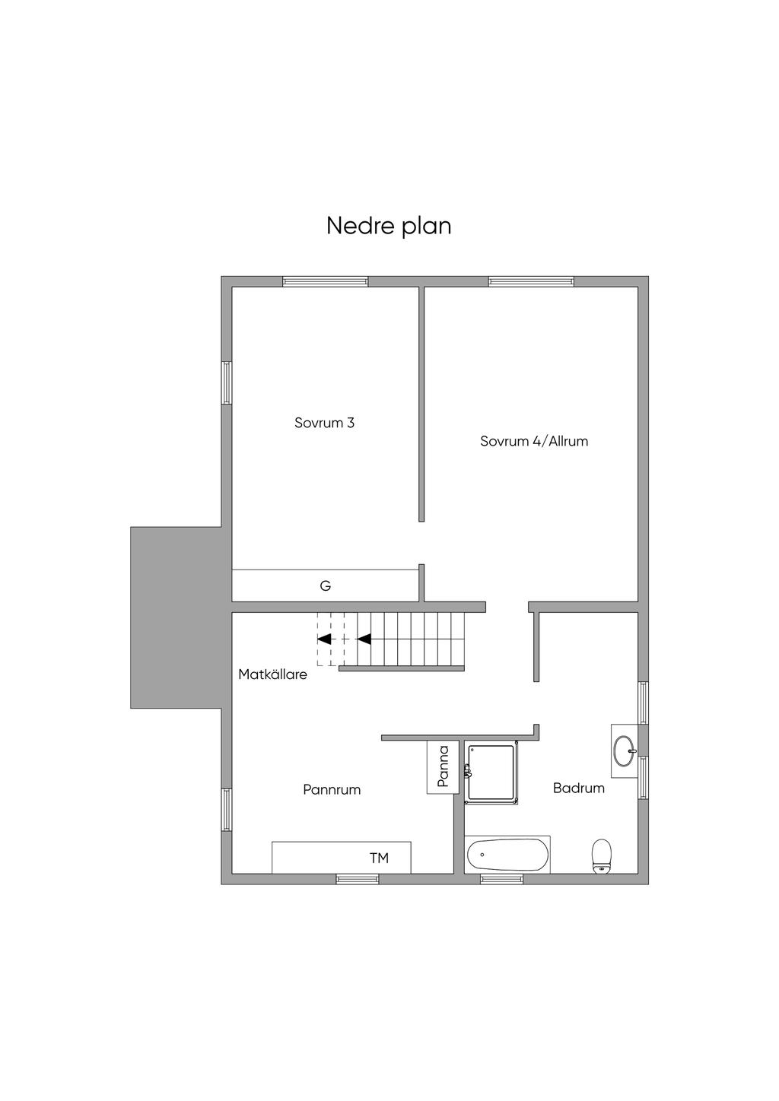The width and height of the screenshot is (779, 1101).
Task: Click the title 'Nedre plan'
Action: point(389,227)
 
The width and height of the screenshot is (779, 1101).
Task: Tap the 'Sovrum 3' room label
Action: point(324,424)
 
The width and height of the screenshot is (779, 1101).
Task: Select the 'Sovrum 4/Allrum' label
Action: point(534,441)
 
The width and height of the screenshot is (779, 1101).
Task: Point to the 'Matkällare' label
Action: point(272,674)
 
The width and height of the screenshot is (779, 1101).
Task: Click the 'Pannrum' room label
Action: point(332,790)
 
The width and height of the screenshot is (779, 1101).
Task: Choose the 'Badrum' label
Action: point(579,788)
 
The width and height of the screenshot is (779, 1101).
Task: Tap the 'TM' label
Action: point(379,858)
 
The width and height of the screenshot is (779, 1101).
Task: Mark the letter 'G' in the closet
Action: point(325,586)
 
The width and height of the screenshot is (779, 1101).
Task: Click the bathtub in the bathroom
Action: point(507,855)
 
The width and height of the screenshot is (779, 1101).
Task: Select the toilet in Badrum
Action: point(602,855)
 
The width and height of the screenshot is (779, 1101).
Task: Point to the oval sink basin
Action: point(625,750)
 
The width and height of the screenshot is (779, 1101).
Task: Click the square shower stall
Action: point(491,773)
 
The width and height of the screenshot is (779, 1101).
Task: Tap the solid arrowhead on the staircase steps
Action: point(364,639)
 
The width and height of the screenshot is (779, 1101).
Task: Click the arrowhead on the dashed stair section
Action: point(324,639)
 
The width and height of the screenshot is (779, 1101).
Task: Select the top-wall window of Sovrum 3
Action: point(325,281)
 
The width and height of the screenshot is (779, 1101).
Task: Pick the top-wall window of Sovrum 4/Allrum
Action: point(531,281)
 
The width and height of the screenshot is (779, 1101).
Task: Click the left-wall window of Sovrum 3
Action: point(226,383)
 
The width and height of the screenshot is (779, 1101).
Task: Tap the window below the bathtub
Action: point(501,879)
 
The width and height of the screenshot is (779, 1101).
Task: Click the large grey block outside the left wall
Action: point(176,618)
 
